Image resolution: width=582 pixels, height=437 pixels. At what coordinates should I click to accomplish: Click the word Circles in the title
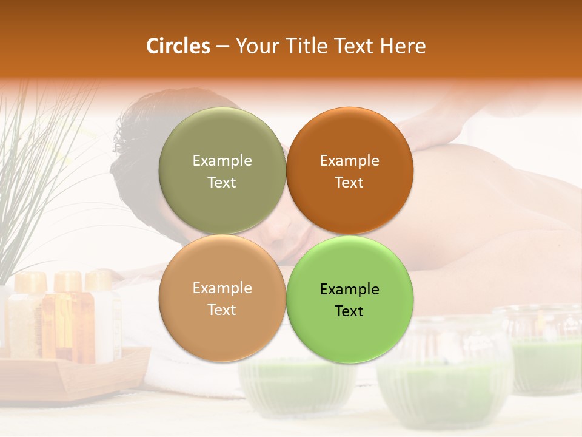(x=178, y=46)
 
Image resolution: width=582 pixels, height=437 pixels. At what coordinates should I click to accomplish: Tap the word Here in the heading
(x=403, y=46)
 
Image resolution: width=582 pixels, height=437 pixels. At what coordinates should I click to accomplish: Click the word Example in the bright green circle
(x=350, y=289)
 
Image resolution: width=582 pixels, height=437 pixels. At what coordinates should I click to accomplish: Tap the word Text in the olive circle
(x=222, y=182)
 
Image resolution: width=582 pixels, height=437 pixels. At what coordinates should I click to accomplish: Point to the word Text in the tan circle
(x=222, y=310)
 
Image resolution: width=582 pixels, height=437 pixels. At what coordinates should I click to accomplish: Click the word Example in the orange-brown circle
(x=350, y=160)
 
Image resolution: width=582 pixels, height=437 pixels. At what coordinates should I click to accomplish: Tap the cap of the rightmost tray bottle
(x=99, y=280)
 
